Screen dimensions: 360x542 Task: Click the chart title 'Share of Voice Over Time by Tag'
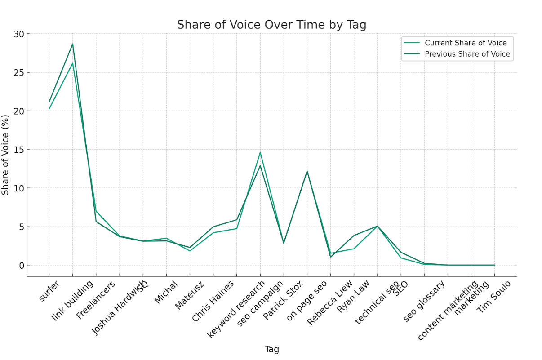tap(271, 25)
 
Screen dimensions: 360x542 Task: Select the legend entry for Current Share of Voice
tap(466, 43)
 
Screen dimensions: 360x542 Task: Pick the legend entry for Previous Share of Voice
tap(467, 54)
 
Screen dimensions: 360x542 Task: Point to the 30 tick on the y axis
tap(18, 34)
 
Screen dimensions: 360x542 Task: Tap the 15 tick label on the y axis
tap(18, 150)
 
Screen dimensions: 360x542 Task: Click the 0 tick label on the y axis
tap(21, 265)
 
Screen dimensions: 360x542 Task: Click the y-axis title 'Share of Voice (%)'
tap(6, 155)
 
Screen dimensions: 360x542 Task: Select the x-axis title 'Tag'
tap(271, 349)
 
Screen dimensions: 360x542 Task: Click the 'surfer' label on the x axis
tap(48, 291)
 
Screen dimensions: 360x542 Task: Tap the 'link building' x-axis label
tap(72, 300)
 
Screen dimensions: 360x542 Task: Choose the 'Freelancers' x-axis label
tap(95, 299)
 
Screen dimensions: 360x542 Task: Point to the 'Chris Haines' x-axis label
tap(213, 301)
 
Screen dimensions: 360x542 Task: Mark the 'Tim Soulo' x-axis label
tap(493, 297)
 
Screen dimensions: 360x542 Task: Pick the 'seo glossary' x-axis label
tap(424, 301)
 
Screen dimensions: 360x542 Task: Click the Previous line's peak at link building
tap(72, 44)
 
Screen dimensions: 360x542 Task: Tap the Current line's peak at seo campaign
tap(260, 152)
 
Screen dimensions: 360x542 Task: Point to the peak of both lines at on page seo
tap(307, 171)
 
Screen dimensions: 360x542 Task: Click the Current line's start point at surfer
tap(49, 109)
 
